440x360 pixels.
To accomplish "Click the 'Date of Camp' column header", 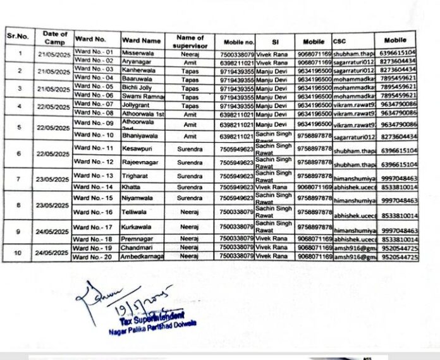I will click(x=55, y=38).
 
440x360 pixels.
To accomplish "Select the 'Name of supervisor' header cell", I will click(x=190, y=41).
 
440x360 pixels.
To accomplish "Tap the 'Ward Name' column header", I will click(x=142, y=40).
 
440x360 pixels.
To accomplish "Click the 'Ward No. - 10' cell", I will click(x=94, y=135).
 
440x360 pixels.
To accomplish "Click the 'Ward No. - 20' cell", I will click(x=94, y=256).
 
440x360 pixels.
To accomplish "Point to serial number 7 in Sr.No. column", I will click(x=18, y=179).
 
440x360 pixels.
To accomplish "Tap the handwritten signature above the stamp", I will click(x=120, y=299).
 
